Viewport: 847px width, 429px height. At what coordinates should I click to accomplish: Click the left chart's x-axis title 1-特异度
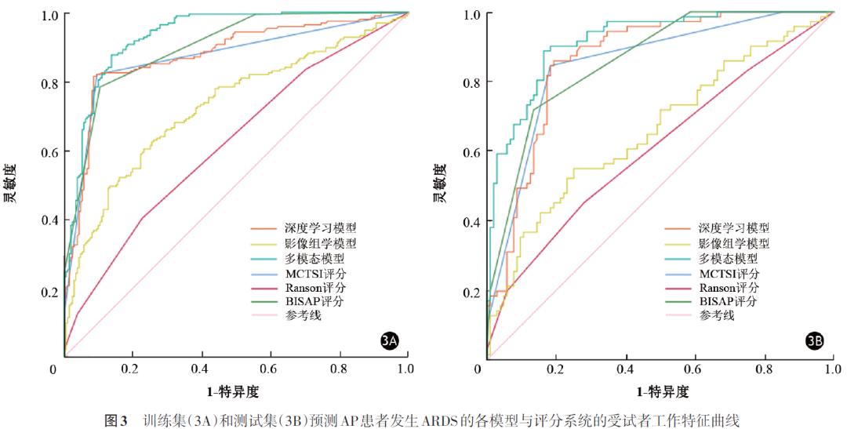point(233,391)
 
